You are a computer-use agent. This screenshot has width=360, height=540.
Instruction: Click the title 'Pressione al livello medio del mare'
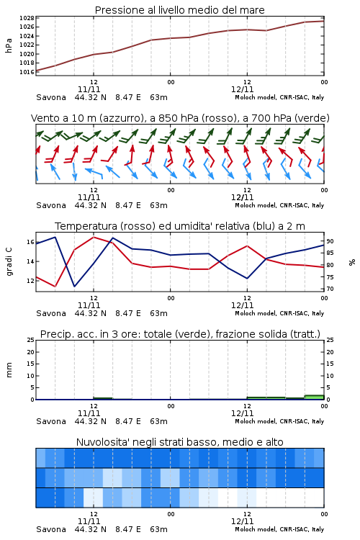(179, 10)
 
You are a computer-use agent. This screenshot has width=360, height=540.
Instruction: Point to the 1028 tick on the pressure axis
(27, 18)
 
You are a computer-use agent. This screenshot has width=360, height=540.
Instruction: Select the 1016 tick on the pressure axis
(27, 72)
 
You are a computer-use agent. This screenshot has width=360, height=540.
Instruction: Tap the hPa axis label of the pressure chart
(9, 45)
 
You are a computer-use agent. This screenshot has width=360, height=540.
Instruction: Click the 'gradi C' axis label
(9, 262)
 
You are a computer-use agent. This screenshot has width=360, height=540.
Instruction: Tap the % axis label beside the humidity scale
(352, 262)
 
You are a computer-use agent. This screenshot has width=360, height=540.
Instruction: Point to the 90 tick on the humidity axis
(330, 241)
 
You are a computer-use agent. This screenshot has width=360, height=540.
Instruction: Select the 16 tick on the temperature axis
(30, 242)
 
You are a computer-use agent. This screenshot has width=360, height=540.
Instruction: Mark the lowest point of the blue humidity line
(74, 286)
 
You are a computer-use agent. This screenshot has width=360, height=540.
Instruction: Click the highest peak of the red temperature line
(94, 237)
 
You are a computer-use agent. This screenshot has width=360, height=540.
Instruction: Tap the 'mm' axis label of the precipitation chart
(9, 370)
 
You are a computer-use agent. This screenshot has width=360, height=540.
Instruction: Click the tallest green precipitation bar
(315, 397)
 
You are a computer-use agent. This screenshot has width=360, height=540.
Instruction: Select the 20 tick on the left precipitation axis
(31, 352)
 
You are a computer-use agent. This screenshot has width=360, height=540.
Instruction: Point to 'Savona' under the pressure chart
(51, 97)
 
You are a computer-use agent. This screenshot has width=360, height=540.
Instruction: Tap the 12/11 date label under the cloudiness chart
(242, 521)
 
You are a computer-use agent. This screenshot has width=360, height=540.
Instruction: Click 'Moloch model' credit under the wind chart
(256, 206)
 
